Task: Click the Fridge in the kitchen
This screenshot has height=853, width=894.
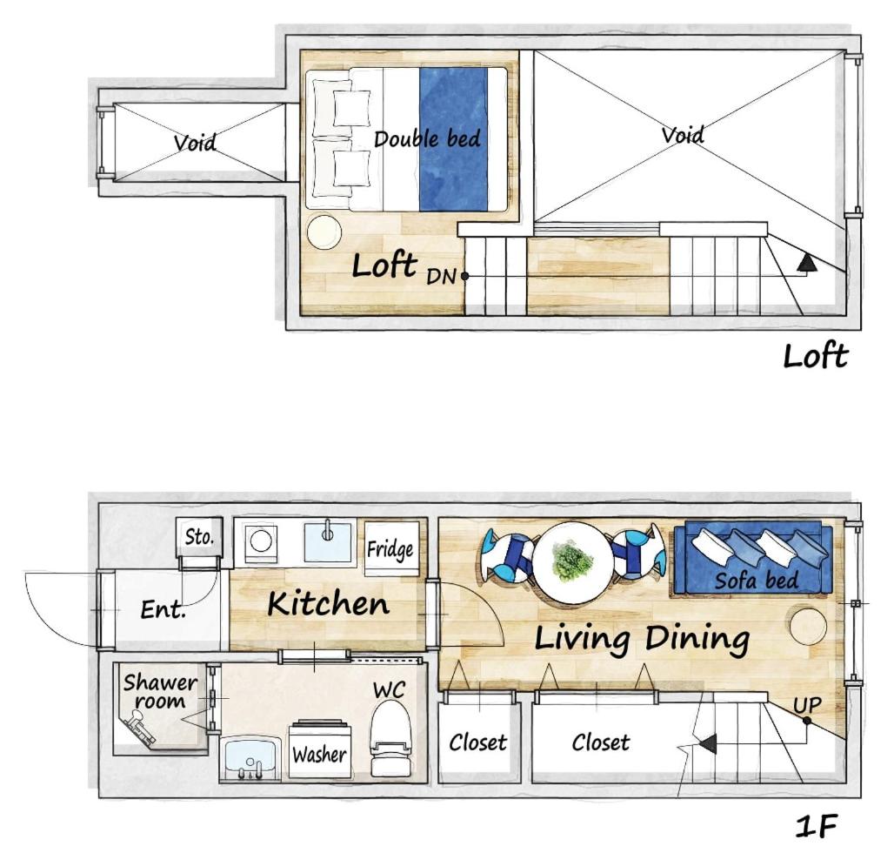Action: tap(391, 549)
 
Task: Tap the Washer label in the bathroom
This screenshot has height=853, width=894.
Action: tap(319, 755)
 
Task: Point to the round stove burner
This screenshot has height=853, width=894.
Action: tap(261, 541)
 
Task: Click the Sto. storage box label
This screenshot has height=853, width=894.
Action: tap(199, 537)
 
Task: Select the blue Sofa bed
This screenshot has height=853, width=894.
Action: tap(754, 559)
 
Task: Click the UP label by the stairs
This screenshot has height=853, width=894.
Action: tap(807, 705)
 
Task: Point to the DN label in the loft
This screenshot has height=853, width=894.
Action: tap(441, 277)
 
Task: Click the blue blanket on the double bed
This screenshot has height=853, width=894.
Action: tap(454, 140)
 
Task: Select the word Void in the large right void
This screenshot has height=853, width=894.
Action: tap(683, 135)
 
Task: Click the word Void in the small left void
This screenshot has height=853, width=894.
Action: tap(195, 142)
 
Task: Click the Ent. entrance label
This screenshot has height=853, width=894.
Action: tap(163, 610)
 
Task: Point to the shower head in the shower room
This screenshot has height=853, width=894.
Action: tap(140, 728)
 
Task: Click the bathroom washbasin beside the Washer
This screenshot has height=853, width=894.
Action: tap(250, 759)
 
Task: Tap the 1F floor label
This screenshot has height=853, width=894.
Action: tap(816, 827)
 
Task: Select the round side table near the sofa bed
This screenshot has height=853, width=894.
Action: tap(809, 626)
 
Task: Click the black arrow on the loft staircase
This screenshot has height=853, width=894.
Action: tap(807, 263)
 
